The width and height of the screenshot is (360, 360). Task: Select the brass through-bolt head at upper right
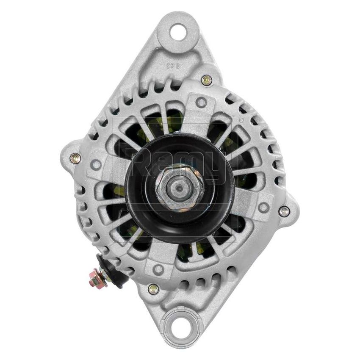(206, 79)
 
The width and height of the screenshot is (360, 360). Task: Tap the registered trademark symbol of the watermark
(241, 120)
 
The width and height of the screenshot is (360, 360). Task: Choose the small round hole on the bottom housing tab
(158, 268)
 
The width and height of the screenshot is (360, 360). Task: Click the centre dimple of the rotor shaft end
(177, 186)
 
